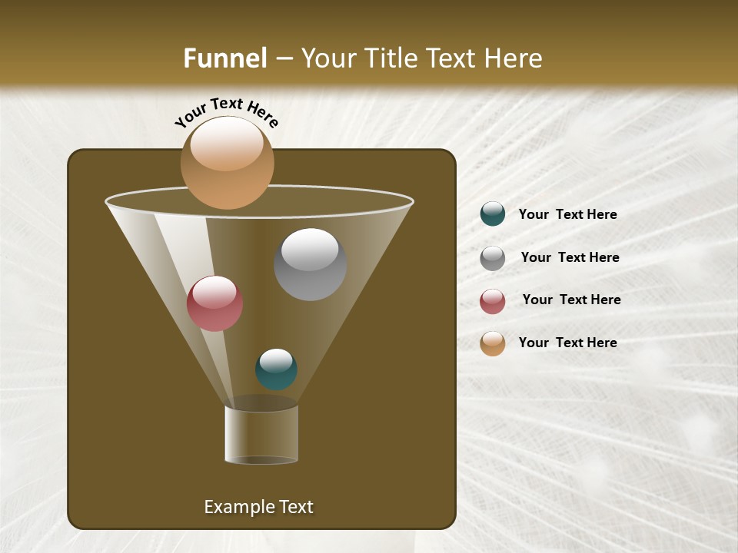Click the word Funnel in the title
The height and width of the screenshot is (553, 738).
224,58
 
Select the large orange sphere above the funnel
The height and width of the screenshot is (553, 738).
227,163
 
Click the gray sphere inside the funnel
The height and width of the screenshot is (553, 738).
310,264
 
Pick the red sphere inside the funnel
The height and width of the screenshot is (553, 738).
214,303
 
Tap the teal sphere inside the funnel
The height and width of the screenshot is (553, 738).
276,369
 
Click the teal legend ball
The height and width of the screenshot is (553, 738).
493,214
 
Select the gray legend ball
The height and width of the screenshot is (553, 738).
493,257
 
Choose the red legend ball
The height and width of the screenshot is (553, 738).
493,301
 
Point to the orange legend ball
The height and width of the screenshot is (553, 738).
493,343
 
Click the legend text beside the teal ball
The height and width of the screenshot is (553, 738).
567,214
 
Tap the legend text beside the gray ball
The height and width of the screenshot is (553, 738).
570,257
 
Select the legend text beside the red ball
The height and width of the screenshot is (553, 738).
571,300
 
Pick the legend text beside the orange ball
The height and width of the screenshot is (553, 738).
567,343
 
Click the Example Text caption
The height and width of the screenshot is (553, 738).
258,507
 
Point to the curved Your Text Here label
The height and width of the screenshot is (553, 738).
226,112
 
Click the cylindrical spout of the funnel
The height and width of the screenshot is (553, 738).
261,434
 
